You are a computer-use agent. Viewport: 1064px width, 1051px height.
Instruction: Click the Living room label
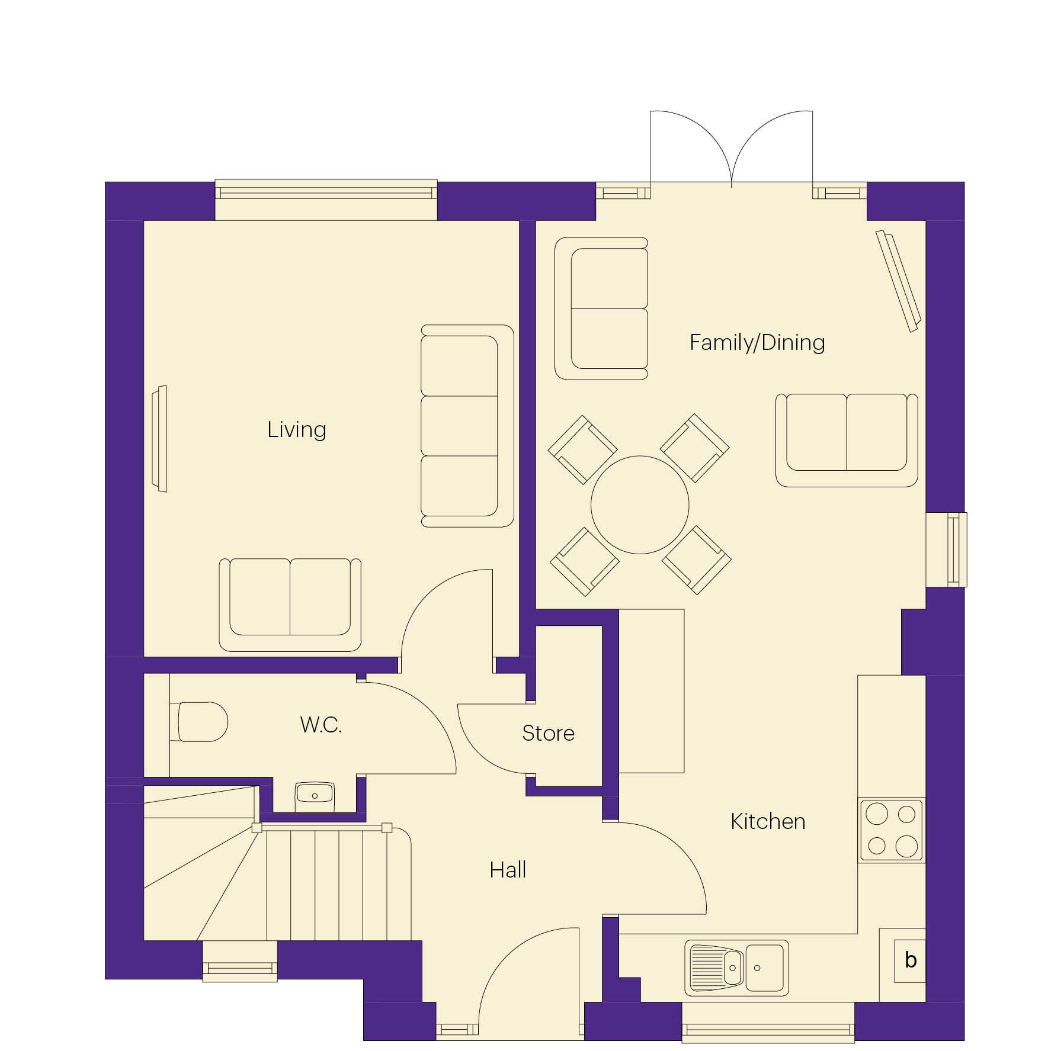(296, 430)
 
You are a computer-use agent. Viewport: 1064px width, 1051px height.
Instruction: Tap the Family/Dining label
(757, 342)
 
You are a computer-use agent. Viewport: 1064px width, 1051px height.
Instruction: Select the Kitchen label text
(767, 821)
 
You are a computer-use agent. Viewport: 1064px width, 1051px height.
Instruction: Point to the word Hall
(508, 870)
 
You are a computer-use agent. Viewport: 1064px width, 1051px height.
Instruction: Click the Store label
(548, 733)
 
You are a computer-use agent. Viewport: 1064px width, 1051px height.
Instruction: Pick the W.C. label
(321, 725)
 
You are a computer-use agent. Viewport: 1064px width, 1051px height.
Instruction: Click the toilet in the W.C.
(200, 722)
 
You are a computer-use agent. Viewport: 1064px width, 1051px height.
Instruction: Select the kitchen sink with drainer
(736, 968)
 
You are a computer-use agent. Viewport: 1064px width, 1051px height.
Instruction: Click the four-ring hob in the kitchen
(891, 830)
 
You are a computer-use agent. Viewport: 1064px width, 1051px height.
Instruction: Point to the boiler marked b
(910, 960)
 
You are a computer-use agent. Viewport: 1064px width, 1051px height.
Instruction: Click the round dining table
(640, 504)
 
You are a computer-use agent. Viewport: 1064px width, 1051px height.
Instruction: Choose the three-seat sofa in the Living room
(466, 426)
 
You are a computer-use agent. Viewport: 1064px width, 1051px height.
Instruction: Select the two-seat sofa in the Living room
(290, 605)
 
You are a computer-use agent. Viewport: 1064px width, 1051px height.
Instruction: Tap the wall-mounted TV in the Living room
(160, 438)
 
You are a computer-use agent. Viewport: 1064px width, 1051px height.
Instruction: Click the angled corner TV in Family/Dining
(898, 280)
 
